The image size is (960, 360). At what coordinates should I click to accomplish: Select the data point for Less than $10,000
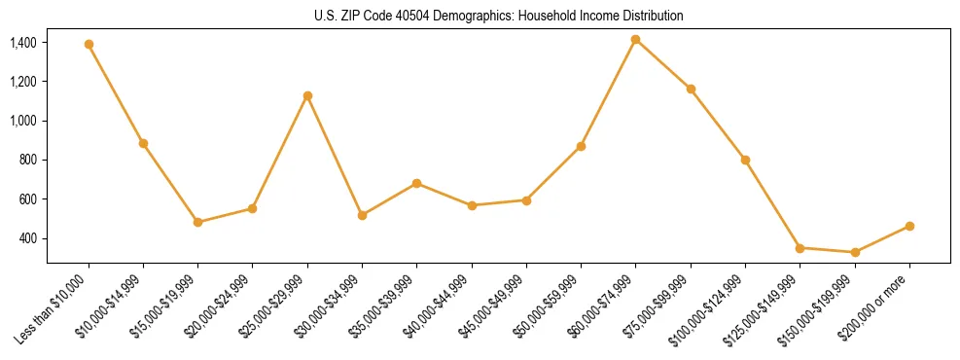89,44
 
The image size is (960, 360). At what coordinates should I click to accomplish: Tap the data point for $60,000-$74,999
635,39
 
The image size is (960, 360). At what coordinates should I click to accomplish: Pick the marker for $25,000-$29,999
307,95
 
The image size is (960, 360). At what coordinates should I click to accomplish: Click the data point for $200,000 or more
909,226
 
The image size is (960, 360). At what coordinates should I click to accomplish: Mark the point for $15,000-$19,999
197,222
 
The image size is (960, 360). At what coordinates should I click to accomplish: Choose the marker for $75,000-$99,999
691,89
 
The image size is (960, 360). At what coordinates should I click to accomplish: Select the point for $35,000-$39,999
416,183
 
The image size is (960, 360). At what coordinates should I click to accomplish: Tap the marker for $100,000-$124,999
745,160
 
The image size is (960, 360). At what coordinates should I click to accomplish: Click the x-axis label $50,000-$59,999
557,302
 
